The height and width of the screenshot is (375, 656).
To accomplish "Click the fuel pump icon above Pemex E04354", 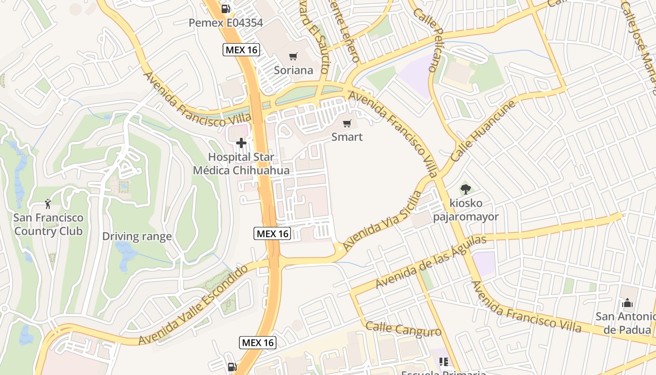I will (226, 8).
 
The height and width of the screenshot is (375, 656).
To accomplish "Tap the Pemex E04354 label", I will (225, 22).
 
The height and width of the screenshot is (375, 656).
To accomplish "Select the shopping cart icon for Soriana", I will (293, 57).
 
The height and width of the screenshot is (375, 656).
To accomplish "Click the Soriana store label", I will (293, 70).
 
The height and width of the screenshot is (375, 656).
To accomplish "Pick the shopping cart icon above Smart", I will (347, 123).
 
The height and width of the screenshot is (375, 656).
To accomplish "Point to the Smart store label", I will (347, 137).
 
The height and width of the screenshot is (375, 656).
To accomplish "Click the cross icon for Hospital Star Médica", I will (241, 142).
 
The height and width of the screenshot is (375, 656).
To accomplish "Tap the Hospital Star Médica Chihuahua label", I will (241, 163).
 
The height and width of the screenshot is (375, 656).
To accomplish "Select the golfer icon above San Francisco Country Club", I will (47, 203).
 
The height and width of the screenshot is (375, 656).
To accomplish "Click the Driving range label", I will (137, 236).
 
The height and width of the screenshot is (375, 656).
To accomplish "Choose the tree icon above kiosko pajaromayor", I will (465, 189).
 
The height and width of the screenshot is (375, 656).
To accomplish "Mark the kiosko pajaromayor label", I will (465, 210).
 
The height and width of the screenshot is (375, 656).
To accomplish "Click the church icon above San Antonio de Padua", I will (627, 303).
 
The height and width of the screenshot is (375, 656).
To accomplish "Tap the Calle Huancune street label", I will (483, 131).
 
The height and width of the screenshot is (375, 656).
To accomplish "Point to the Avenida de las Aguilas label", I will (431, 262).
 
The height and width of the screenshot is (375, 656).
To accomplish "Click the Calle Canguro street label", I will (403, 329).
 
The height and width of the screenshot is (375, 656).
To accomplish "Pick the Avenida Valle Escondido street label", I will (193, 305).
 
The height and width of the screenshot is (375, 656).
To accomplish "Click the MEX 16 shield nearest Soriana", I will (241, 50).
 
